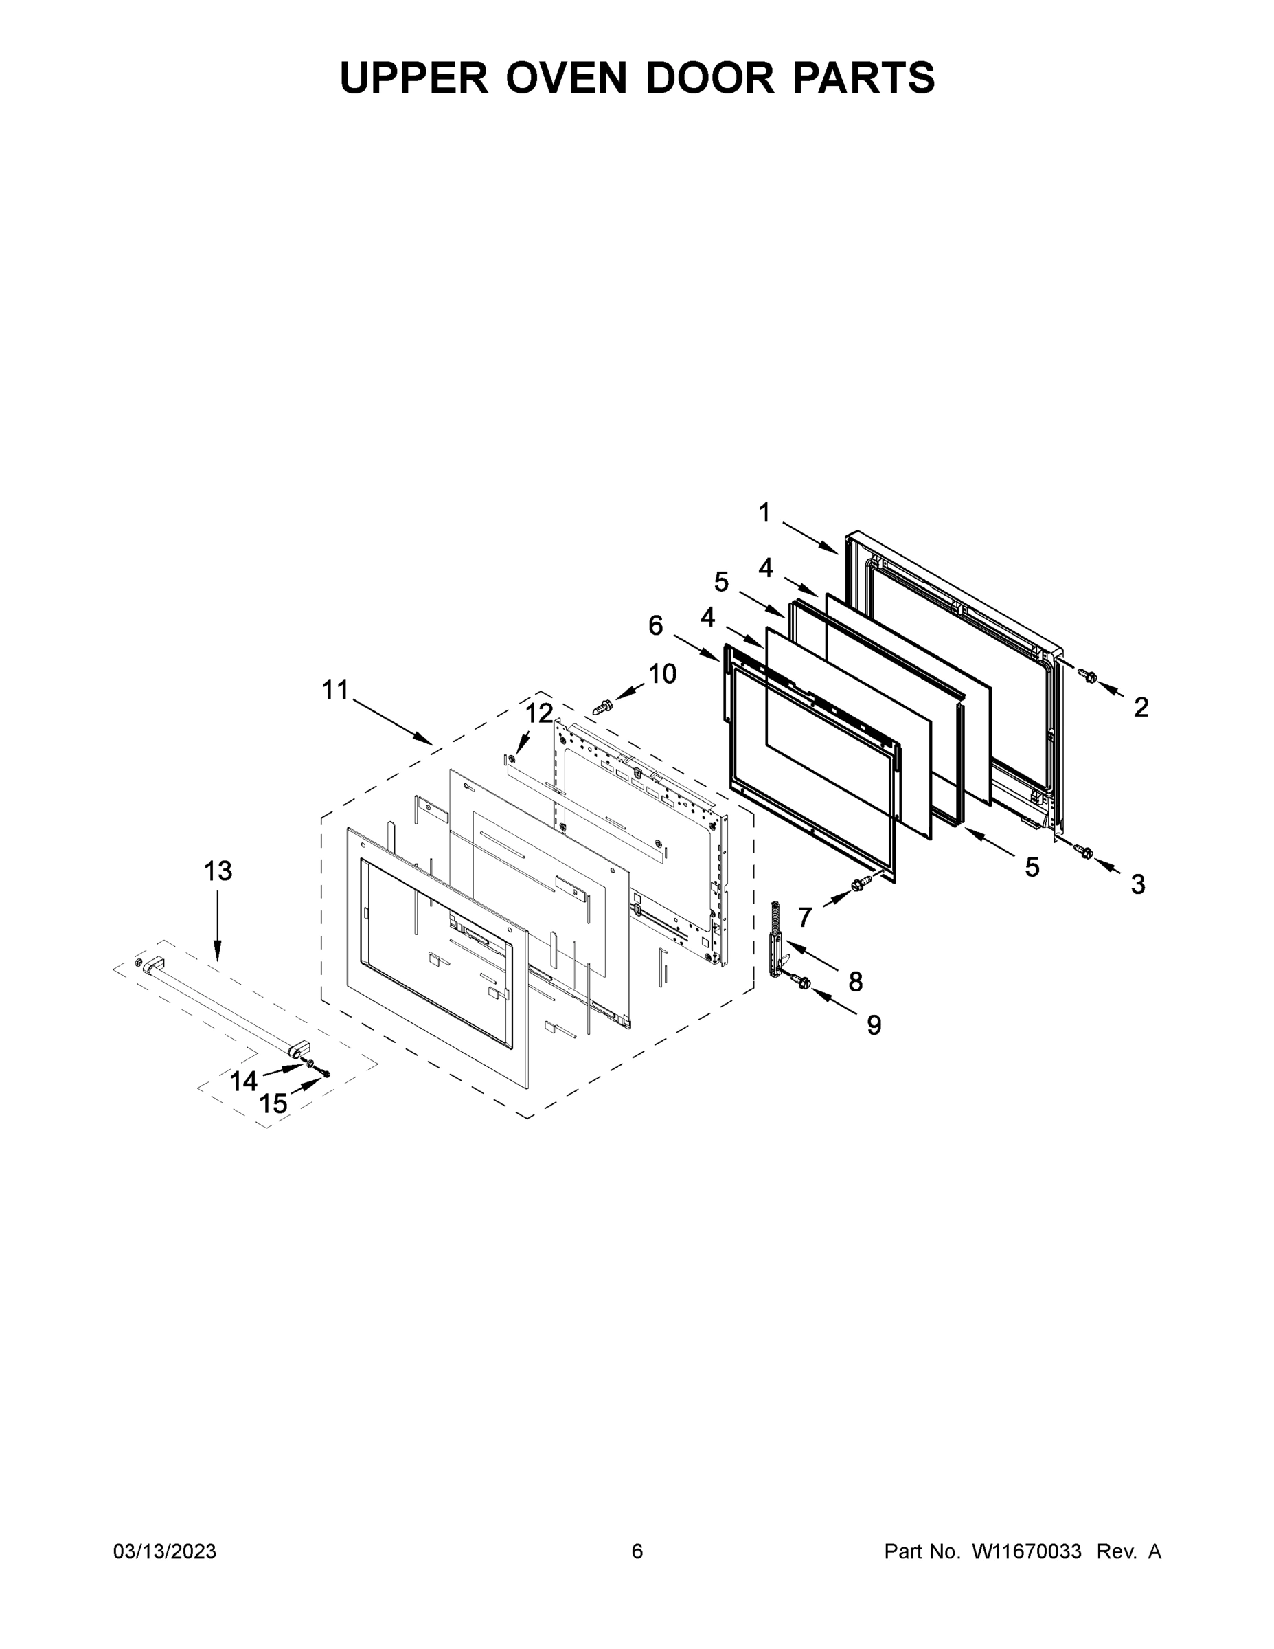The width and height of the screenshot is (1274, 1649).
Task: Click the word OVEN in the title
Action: (565, 78)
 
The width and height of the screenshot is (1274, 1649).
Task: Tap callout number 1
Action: (764, 513)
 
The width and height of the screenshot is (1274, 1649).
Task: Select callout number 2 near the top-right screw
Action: (1140, 708)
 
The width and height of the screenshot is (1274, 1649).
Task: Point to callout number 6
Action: (655, 625)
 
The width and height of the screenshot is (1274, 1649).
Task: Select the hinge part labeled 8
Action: (775, 939)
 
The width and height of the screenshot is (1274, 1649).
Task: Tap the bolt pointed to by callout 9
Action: (803, 983)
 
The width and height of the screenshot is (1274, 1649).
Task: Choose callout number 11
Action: (335, 689)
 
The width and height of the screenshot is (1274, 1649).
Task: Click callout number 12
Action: (539, 713)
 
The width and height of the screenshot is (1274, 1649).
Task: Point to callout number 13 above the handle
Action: (218, 871)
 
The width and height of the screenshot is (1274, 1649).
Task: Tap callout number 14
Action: (243, 1082)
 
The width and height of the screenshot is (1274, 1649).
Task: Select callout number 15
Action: (273, 1104)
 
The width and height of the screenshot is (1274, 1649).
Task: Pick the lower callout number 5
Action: (1032, 868)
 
